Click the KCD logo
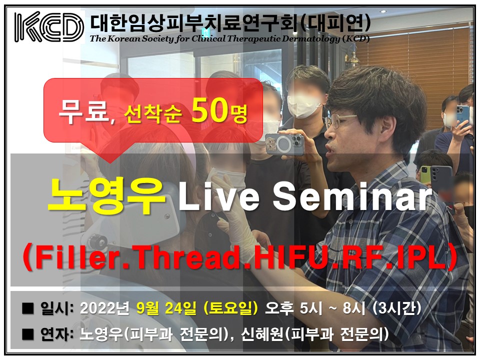[x=49, y=26]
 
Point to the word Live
[x=219, y=196]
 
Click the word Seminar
[x=352, y=196]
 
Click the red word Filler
[x=76, y=256]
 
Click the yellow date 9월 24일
[x=166, y=308]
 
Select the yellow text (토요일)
[x=230, y=308]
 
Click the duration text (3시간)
[x=397, y=308]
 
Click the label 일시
[x=54, y=308]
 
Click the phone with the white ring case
[x=285, y=143]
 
